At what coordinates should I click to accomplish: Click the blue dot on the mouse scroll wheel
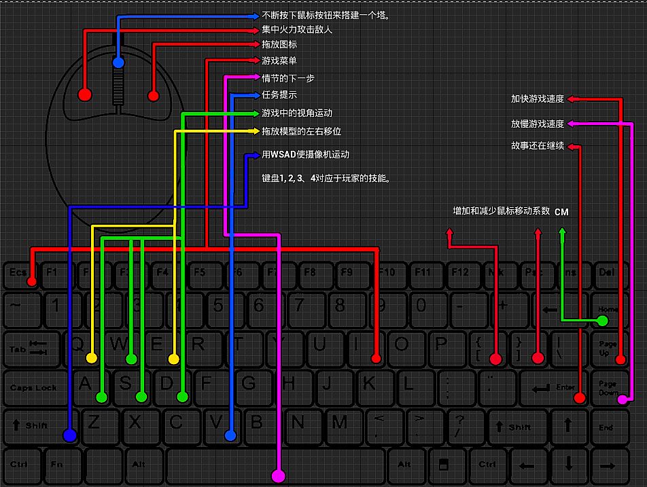click(118, 62)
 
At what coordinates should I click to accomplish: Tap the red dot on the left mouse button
click(85, 94)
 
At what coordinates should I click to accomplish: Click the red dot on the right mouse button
click(154, 95)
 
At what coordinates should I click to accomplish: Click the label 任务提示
click(279, 95)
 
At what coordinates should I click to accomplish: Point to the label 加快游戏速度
click(538, 99)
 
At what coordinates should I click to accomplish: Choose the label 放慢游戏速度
click(538, 124)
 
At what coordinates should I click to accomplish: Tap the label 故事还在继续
click(538, 146)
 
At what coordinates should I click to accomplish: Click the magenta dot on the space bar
click(277, 476)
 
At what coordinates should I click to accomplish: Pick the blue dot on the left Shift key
click(69, 435)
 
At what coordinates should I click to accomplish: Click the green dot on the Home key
click(602, 320)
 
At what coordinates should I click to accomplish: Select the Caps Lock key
click(33, 388)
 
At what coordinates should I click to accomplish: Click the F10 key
click(386, 273)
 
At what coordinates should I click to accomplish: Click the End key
click(606, 427)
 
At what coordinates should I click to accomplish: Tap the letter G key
click(249, 384)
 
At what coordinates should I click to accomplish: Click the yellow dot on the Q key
click(92, 358)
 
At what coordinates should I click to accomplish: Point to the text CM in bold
click(561, 212)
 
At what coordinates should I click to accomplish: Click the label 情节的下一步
click(287, 78)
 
